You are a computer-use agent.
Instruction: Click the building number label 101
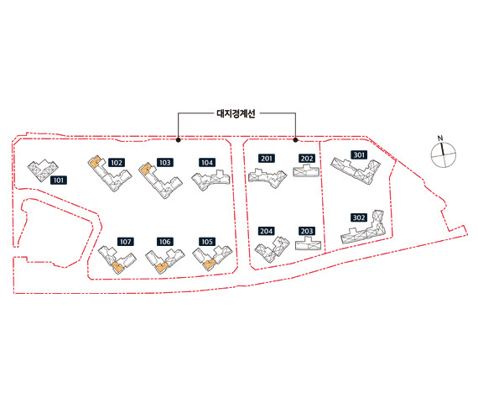pyautogui.click(x=59, y=181)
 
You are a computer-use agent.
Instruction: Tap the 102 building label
pyautogui.click(x=117, y=162)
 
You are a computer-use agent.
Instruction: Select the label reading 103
pyautogui.click(x=165, y=162)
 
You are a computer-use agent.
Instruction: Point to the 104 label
pyautogui.click(x=207, y=162)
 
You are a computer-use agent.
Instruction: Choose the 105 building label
pyautogui.click(x=207, y=242)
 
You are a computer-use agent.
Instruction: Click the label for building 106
pyautogui.click(x=165, y=242)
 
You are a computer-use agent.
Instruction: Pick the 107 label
pyautogui.click(x=126, y=242)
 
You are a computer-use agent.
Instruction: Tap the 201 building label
pyautogui.click(x=267, y=159)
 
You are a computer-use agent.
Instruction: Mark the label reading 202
pyautogui.click(x=307, y=159)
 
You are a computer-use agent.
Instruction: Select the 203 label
pyautogui.click(x=307, y=231)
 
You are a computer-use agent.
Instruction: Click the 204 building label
pyautogui.click(x=267, y=231)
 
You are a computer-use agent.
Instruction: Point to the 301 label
pyautogui.click(x=359, y=154)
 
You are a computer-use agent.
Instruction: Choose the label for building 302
pyautogui.click(x=359, y=217)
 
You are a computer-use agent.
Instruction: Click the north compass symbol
pyautogui.click(x=444, y=154)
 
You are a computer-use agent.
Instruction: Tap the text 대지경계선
pyautogui.click(x=236, y=113)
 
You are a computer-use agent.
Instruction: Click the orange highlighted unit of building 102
pyautogui.click(x=95, y=162)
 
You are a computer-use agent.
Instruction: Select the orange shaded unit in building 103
pyautogui.click(x=146, y=169)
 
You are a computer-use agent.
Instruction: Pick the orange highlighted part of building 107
pyautogui.click(x=117, y=268)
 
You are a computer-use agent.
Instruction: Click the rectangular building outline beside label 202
pyautogui.click(x=306, y=170)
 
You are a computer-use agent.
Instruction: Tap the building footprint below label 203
pyautogui.click(x=309, y=244)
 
